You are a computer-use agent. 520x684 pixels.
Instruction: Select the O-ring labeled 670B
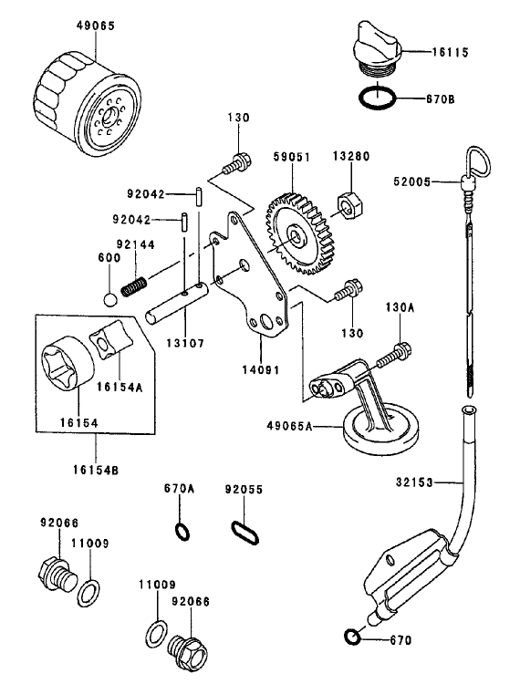tap(375, 97)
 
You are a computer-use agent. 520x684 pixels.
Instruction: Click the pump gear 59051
tap(297, 233)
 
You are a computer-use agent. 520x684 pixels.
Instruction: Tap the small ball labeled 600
tap(110, 300)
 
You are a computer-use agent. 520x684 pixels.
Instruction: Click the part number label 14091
tap(262, 370)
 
